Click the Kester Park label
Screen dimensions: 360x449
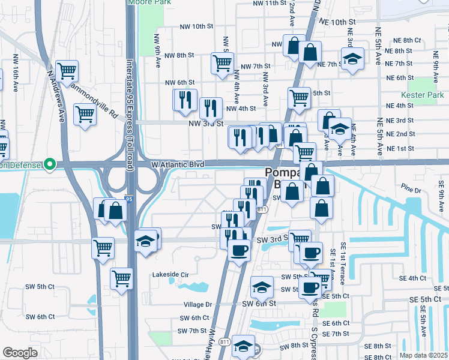(423, 95)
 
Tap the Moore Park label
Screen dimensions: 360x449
(147, 2)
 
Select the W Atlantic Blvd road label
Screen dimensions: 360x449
(177, 164)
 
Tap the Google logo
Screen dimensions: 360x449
(20, 353)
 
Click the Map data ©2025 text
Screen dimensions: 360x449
(423, 355)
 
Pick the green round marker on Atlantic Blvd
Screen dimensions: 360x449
(50, 164)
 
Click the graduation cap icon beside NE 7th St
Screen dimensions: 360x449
(352, 59)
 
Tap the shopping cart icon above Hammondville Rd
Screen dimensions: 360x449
(67, 71)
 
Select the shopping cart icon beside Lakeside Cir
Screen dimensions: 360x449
(122, 278)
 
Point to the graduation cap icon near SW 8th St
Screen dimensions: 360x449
(243, 346)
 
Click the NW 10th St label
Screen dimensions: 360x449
(197, 26)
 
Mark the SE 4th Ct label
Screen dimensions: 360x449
(412, 278)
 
